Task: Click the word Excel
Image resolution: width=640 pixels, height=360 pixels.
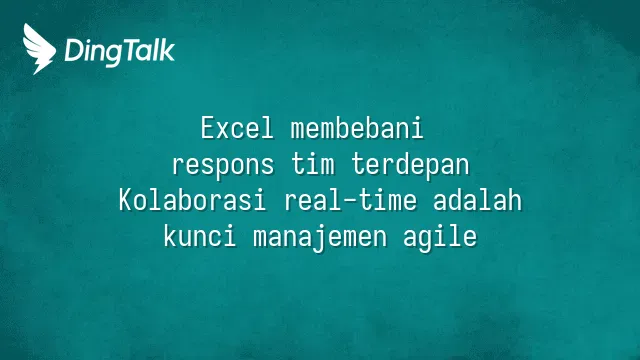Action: [237, 128]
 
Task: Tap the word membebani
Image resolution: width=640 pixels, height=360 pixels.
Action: [357, 128]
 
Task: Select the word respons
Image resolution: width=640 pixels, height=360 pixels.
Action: [223, 164]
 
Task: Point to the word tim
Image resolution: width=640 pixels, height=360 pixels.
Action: [313, 163]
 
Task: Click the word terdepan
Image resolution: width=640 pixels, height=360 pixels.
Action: [411, 164]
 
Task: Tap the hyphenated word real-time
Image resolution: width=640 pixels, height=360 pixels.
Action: [351, 200]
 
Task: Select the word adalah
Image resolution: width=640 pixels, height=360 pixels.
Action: [478, 200]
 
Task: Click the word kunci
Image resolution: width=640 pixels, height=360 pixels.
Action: [200, 236]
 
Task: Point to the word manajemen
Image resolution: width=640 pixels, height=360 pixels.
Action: [320, 237]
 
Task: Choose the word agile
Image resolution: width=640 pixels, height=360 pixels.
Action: [440, 237]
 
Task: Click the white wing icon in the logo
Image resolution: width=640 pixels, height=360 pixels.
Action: [39, 49]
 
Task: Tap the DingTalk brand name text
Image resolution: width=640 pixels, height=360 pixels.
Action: [120, 51]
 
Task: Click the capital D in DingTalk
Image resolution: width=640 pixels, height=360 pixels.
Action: [74, 51]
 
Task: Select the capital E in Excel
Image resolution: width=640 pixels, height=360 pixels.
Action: [207, 128]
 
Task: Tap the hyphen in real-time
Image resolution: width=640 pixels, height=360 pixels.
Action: [351, 201]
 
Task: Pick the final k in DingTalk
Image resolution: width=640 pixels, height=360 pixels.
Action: [168, 50]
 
